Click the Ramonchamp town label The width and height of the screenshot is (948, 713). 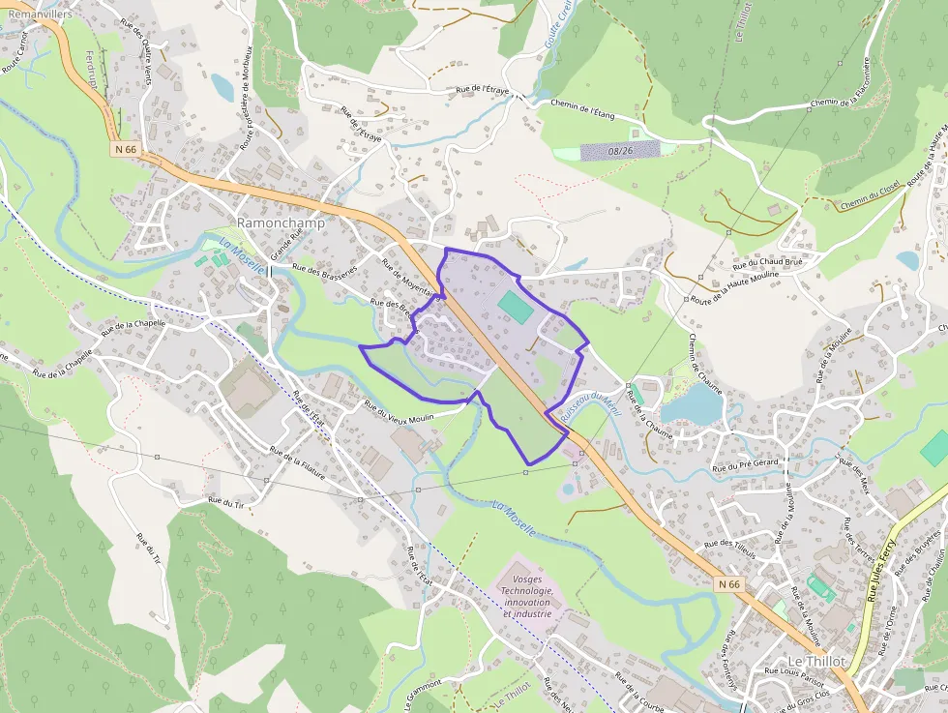coord(281,223)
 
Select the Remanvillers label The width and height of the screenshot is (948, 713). coord(40,15)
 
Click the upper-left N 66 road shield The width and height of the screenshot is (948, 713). coord(125,149)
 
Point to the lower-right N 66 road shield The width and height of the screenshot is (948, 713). coord(728,584)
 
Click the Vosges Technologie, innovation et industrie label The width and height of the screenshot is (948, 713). coord(526,591)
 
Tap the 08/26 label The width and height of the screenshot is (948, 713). coord(620,151)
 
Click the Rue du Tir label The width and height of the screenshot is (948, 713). coord(224,502)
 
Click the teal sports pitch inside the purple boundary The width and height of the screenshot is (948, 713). coord(515,308)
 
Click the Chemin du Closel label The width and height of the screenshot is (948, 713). coord(870,195)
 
